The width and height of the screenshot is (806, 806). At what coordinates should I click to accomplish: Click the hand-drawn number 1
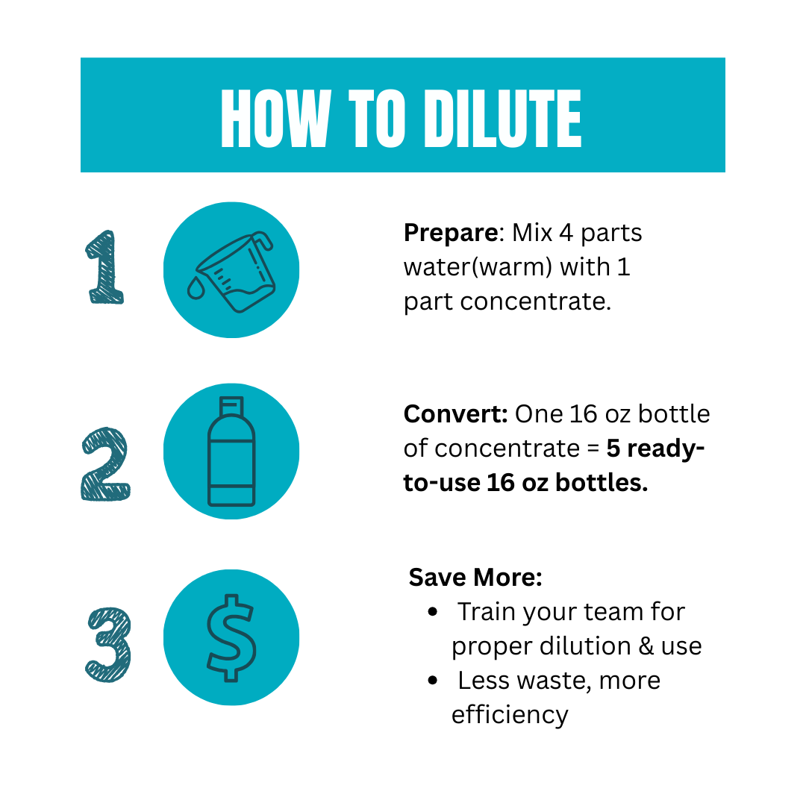105,267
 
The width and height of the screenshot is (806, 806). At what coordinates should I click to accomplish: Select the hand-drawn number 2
106,463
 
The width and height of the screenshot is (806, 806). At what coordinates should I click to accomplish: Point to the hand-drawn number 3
108,645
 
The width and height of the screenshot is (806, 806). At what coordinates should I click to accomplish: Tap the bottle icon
231,452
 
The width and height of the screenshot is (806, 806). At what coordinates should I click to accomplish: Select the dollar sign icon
231,638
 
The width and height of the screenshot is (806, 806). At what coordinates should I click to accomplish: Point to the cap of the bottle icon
231,405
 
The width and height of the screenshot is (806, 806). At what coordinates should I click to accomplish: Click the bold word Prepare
451,234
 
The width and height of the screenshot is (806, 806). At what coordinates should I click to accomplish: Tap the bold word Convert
455,413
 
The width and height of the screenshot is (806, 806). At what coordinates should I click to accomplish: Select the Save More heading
475,577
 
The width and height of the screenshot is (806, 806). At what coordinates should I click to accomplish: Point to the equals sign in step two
593,449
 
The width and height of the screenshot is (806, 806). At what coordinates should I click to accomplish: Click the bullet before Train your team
433,612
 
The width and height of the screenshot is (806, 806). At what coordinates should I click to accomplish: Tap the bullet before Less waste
433,681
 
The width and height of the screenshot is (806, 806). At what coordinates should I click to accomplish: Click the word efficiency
510,715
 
